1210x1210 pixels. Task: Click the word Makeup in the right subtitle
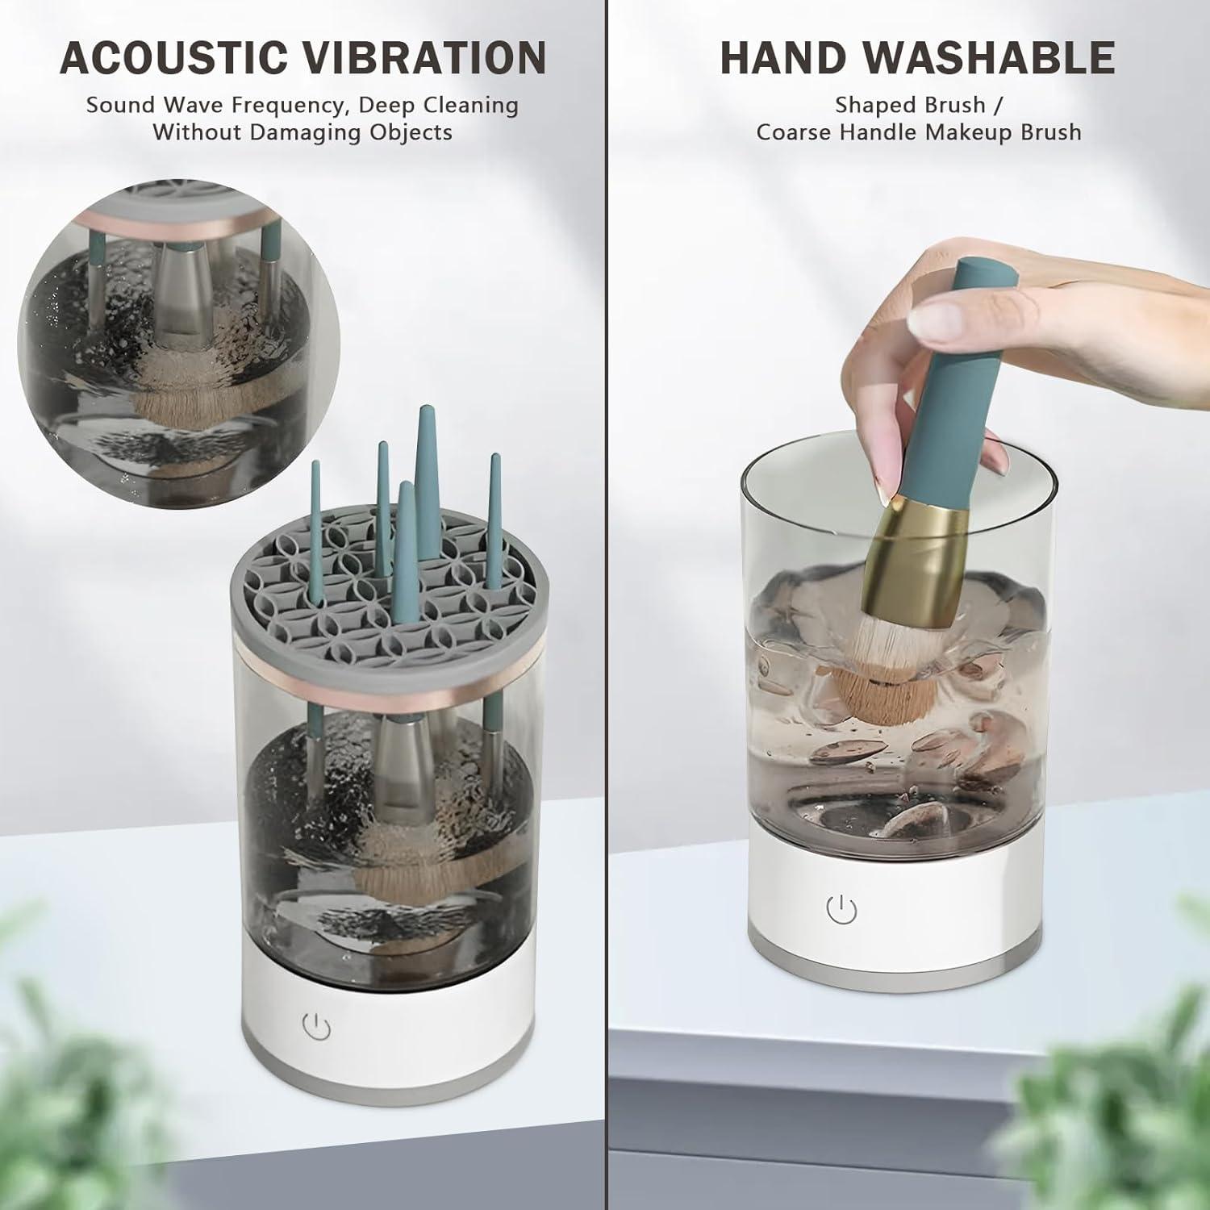click(973, 132)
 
